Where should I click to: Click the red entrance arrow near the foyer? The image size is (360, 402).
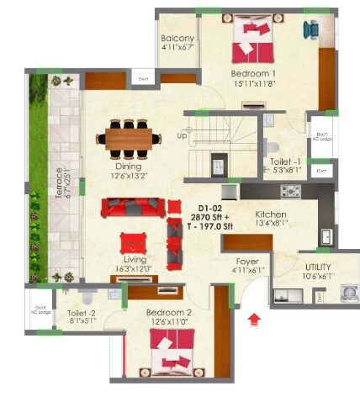(x=255, y=318)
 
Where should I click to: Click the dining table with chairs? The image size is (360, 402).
(x=130, y=136)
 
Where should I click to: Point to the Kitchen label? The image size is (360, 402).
(x=272, y=215)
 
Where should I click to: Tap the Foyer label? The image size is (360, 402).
(x=247, y=261)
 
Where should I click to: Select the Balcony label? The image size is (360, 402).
(x=177, y=39)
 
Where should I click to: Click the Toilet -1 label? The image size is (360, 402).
(x=283, y=161)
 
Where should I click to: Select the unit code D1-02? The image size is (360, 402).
(x=210, y=207)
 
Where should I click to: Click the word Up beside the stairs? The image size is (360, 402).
(x=182, y=135)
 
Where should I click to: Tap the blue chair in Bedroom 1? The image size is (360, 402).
(x=313, y=29)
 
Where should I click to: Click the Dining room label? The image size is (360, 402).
(x=129, y=167)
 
